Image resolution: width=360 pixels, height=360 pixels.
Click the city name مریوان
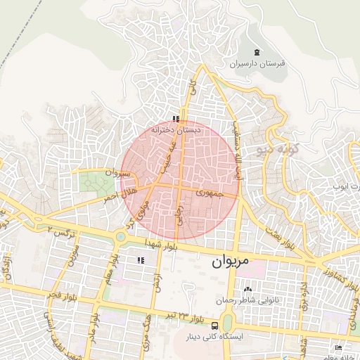[231, 262]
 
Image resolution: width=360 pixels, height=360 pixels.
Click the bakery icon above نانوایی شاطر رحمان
[247, 289]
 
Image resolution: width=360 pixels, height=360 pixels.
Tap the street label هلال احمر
[119, 194]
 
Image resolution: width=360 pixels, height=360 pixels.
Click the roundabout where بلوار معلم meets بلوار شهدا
[121, 237]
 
